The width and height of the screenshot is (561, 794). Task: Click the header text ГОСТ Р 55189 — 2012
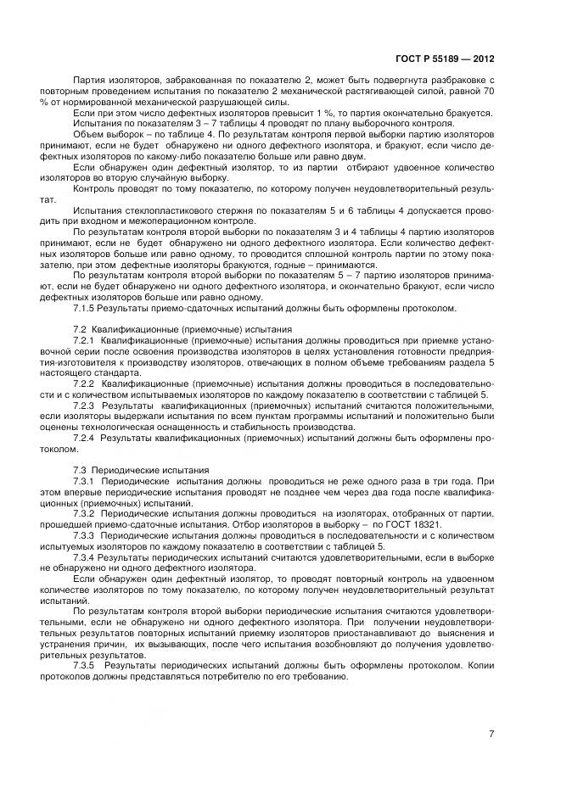(445, 59)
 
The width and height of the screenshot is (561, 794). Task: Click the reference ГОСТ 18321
(417, 524)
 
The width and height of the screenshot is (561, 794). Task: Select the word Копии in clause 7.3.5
(478, 666)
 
